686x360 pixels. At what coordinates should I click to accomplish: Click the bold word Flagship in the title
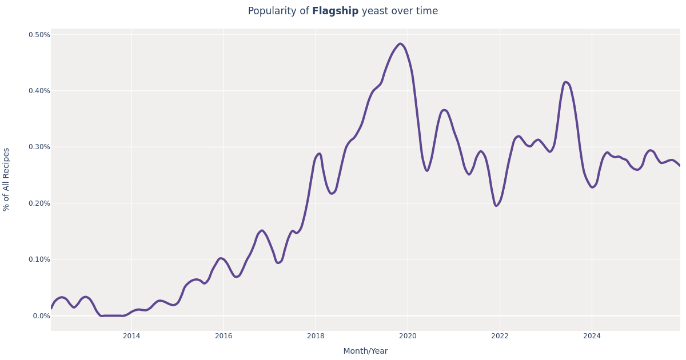coord(335,11)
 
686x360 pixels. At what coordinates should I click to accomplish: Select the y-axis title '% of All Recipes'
coord(6,179)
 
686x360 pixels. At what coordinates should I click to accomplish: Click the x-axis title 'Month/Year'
coord(365,351)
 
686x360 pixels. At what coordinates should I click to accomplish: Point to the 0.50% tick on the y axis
coord(39,35)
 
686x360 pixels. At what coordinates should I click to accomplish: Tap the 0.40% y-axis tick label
coord(39,91)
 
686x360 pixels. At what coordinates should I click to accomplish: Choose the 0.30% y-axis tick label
coord(39,147)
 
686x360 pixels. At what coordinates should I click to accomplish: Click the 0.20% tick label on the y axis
coord(39,203)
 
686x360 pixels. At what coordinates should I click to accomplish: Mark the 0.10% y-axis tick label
coord(39,259)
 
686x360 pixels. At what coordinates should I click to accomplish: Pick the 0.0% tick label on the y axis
coord(42,315)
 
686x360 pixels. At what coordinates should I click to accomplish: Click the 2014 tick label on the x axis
coord(131,336)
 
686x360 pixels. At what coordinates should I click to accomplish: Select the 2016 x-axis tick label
coord(224,336)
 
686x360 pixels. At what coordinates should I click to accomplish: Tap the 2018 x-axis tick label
coord(316,336)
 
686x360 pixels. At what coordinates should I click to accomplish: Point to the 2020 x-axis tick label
coord(408,336)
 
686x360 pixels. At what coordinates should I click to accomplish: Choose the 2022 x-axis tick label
coord(500,336)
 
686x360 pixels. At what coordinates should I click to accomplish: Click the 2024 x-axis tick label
coord(592,336)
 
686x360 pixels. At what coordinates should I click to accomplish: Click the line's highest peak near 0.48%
coord(400,43)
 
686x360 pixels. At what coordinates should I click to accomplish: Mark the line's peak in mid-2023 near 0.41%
coord(566,82)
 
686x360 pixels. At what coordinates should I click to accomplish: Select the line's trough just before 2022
coord(496,206)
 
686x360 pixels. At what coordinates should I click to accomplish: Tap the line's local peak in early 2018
coord(319,154)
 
